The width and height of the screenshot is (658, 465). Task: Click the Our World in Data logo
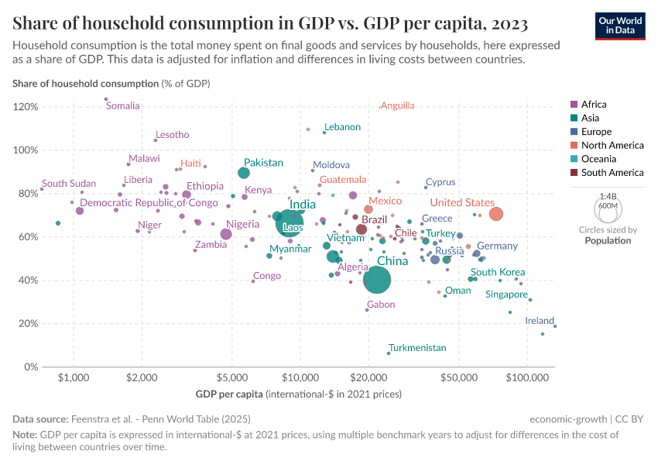pos(620,25)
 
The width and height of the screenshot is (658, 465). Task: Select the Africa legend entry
pos(593,105)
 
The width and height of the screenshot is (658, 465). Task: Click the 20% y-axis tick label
pos(27,324)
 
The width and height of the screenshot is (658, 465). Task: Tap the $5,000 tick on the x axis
pos(232,379)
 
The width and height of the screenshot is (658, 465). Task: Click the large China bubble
pos(377,280)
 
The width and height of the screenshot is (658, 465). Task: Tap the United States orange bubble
pos(496,214)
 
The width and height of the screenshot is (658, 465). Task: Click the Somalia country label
pos(122,106)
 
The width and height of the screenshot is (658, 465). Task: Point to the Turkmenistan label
pos(417,348)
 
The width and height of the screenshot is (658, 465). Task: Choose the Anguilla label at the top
pos(398,105)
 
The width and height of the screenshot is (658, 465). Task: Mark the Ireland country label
pos(540,321)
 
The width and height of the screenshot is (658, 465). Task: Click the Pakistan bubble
pos(244,173)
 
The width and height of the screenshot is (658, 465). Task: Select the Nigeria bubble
pos(226,234)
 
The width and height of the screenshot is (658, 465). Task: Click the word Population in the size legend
pos(608,240)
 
